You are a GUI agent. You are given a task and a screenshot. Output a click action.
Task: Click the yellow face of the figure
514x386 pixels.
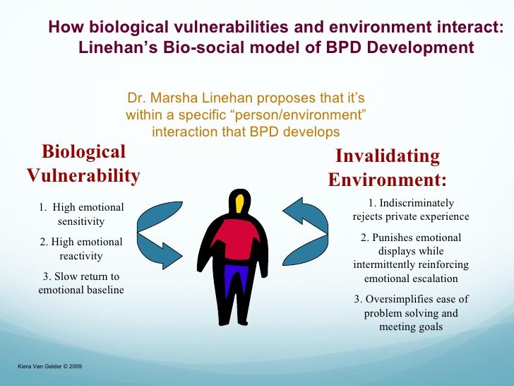click(240, 204)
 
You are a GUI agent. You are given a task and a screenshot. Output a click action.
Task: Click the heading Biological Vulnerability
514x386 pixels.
click(83, 163)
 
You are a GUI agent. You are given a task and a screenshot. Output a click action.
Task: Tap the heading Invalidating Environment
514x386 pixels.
click(387, 168)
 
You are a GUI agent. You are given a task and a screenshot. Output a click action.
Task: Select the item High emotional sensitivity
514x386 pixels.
click(81, 214)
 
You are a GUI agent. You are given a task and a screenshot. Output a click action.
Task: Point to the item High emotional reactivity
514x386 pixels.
click(81, 248)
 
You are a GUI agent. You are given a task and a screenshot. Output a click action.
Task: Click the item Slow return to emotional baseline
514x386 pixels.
click(81, 283)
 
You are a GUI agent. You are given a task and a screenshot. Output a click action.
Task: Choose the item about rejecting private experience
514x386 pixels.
click(411, 210)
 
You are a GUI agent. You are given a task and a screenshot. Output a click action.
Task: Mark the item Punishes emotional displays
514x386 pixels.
click(411, 257)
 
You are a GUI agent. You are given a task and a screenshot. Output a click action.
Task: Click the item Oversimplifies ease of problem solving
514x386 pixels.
click(411, 312)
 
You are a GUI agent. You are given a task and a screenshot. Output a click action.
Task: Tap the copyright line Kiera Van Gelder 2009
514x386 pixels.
click(50, 366)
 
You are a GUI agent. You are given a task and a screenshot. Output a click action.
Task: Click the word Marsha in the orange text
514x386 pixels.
click(174, 98)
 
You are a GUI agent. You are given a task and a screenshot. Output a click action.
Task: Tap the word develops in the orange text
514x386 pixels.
click(311, 132)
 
